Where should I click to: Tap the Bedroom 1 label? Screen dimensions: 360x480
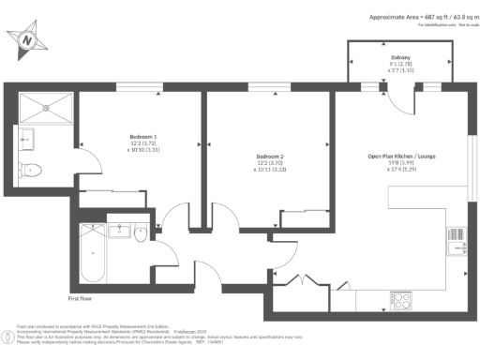click(x=142, y=133)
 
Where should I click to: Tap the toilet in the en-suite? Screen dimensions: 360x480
click(x=31, y=170)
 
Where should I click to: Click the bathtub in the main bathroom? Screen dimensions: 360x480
click(x=92, y=254)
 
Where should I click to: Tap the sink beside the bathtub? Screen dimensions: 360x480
click(x=120, y=231)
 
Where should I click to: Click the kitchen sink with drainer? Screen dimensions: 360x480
click(x=457, y=242)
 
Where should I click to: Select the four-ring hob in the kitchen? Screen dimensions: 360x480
click(x=401, y=300)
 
